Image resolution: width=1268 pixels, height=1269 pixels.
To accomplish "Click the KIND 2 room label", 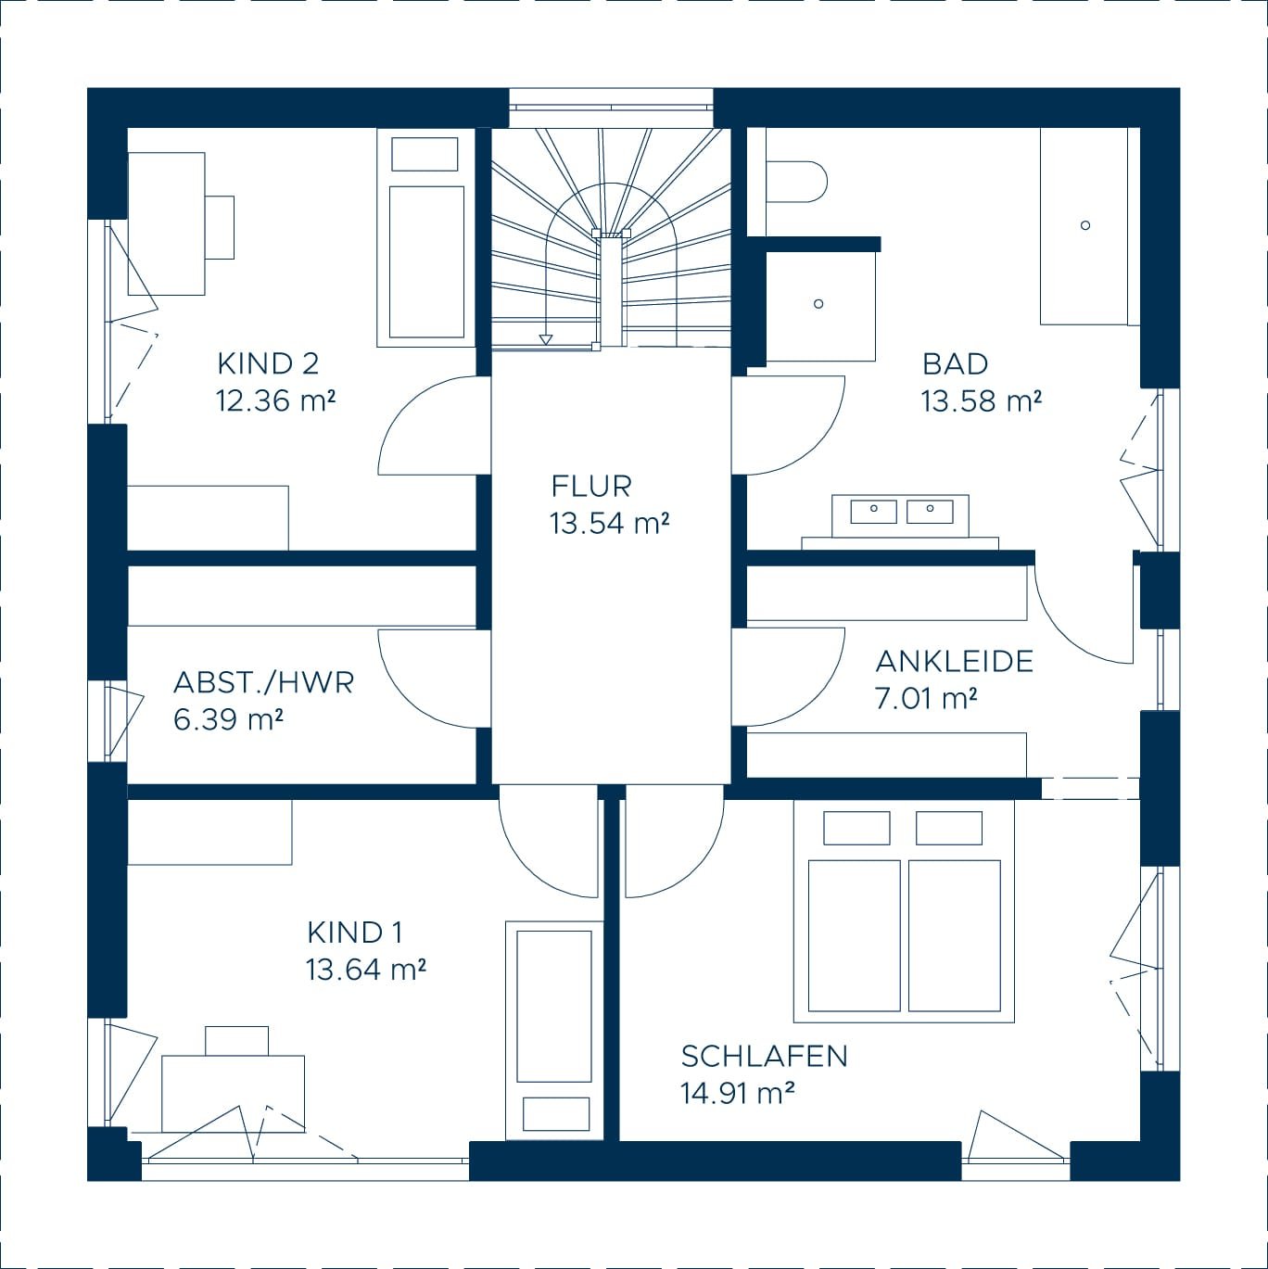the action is point(268,364).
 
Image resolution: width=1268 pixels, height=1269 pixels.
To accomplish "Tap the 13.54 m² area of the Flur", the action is point(609,524).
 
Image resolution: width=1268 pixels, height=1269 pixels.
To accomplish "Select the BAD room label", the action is point(955,364).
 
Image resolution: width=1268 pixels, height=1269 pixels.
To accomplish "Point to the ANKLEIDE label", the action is point(955,662).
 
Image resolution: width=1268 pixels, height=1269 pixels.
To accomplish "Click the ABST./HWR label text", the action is point(263,683).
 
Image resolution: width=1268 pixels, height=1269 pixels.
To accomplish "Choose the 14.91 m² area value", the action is point(737,1094).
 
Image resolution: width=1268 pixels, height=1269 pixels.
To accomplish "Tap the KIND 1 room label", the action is point(354,933).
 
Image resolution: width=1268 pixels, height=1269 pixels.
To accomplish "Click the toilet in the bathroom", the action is point(796,182).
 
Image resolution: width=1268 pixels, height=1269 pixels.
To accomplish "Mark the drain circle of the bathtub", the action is point(1084,225).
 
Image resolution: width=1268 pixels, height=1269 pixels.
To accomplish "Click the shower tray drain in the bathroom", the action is point(818,304).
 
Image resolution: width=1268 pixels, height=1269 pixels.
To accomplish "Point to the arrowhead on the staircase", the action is point(545,339).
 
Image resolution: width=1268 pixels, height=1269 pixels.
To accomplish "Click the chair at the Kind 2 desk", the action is point(220,227).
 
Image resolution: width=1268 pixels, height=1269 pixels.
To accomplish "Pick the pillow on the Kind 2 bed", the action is point(425,154).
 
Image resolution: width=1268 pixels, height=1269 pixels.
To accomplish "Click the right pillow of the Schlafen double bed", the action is point(948,828).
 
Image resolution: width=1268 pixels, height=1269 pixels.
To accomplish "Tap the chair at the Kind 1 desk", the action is point(236,1041).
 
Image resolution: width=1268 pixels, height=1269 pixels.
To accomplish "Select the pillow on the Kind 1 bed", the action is point(556,1113).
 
